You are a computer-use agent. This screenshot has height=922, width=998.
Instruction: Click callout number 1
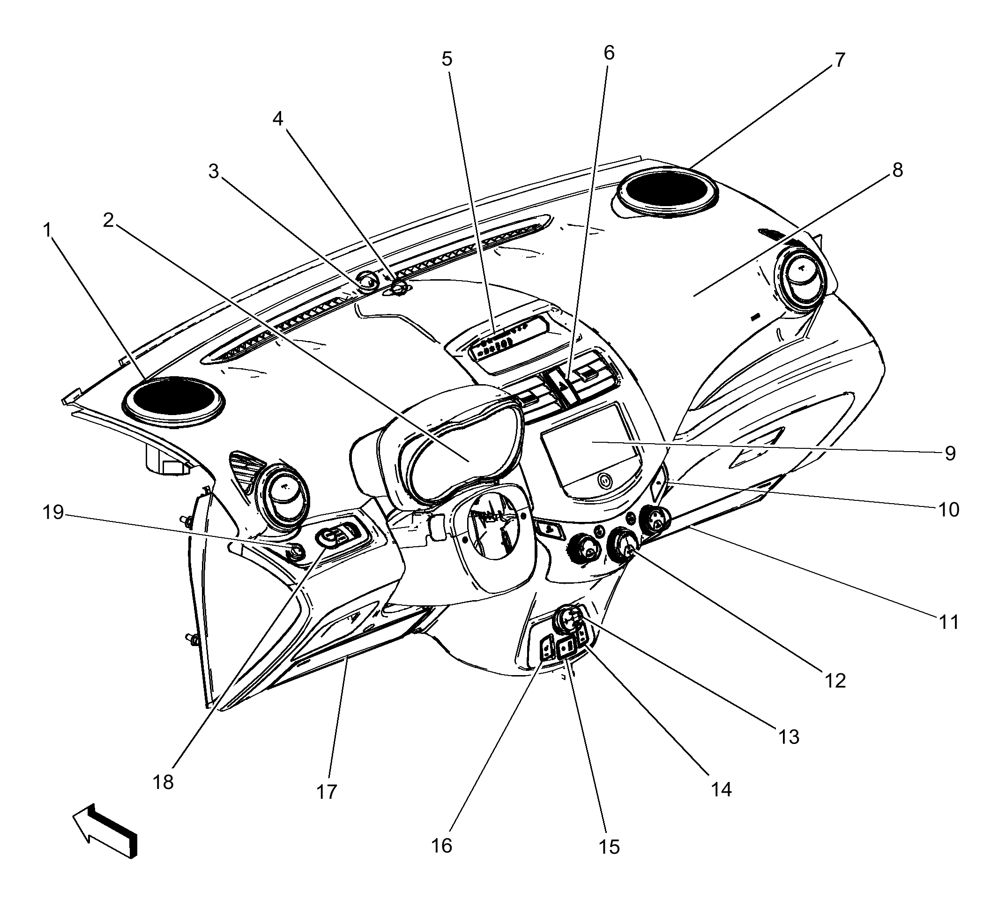pyautogui.click(x=47, y=230)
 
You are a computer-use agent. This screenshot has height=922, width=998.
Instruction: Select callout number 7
pyautogui.click(x=840, y=60)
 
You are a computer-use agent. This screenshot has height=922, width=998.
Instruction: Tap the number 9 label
pyautogui.click(x=950, y=453)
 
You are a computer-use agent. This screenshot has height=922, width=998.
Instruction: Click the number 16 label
pyautogui.click(x=442, y=846)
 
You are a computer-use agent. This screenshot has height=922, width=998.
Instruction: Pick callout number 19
pyautogui.click(x=53, y=512)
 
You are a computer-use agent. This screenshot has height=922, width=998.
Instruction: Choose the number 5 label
pyautogui.click(x=447, y=59)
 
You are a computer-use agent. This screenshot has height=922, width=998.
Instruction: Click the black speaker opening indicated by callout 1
pyautogui.click(x=173, y=400)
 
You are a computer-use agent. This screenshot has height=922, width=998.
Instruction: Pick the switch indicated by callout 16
pyautogui.click(x=547, y=648)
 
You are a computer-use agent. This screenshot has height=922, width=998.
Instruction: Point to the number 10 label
pyautogui.click(x=949, y=509)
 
